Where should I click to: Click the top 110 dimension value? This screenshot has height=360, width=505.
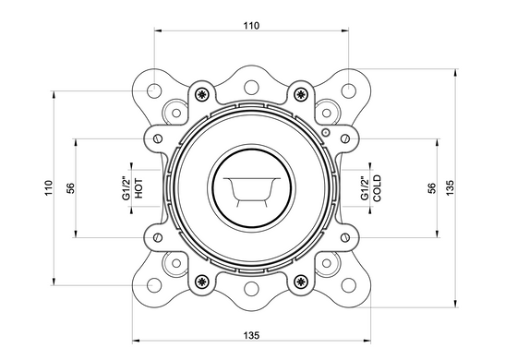251,26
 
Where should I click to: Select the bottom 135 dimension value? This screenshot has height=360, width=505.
251,335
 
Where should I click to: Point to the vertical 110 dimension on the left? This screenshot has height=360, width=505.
48,188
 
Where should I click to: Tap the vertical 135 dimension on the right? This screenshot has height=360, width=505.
450,188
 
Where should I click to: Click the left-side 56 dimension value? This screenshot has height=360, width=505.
70,188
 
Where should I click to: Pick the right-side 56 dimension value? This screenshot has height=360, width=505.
432,188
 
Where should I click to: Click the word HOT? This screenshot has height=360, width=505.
138,188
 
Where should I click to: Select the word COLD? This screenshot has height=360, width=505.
377,188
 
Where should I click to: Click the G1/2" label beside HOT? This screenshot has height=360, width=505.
126,188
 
